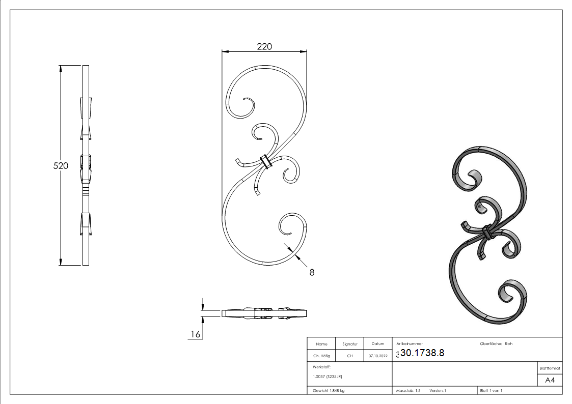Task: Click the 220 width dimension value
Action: click(x=264, y=46)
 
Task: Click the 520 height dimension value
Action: click(x=61, y=165)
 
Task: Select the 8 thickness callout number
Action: click(x=312, y=272)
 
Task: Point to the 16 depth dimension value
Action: click(x=195, y=334)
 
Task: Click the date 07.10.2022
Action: click(x=377, y=356)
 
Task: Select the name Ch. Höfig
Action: click(x=321, y=356)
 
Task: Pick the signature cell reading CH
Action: click(x=349, y=356)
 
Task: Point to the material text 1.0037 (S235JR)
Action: click(x=328, y=377)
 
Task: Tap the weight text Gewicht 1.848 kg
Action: click(x=329, y=390)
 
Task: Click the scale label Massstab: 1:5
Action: click(x=408, y=390)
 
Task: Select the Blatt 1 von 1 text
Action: click(x=491, y=390)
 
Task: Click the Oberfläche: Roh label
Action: click(x=496, y=343)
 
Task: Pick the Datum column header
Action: click(x=377, y=344)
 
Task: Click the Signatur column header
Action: click(x=349, y=344)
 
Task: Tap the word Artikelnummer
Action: click(x=410, y=343)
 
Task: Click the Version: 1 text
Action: click(x=438, y=390)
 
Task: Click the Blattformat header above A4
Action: click(x=550, y=368)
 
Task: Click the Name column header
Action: click(x=321, y=344)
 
